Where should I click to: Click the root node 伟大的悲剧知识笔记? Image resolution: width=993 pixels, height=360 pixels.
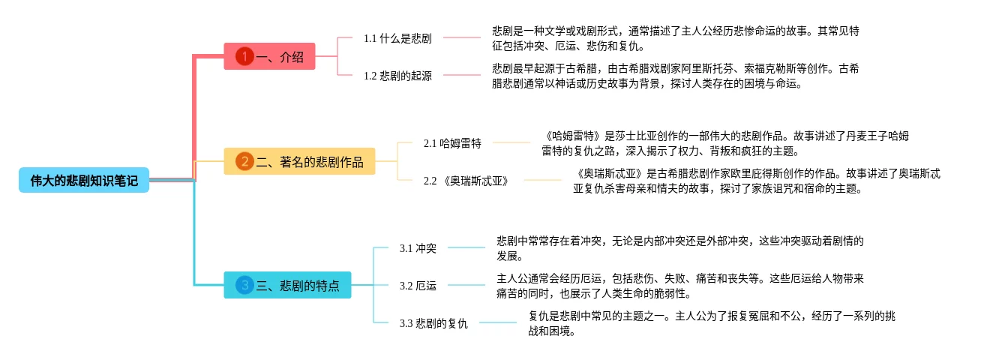84,180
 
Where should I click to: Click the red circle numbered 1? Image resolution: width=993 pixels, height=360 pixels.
244,56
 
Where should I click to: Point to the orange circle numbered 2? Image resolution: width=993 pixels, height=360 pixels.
244,161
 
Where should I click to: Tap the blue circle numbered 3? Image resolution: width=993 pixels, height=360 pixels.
244,285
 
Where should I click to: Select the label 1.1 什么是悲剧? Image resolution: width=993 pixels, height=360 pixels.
397,37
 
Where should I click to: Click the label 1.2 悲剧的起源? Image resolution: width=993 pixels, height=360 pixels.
397,76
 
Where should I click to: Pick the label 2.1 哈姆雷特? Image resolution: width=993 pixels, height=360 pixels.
452,142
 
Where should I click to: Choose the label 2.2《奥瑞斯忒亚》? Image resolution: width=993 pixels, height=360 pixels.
466,181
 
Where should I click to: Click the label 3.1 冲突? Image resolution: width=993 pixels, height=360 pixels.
418,247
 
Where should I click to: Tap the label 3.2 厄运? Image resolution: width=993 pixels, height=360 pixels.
418,285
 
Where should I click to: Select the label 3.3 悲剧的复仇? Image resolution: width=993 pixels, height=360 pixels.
433,323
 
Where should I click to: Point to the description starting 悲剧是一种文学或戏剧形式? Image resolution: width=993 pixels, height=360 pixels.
675,37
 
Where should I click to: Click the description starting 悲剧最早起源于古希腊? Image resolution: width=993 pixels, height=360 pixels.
675,76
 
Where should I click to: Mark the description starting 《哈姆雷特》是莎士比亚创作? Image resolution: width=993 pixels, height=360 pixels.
725,142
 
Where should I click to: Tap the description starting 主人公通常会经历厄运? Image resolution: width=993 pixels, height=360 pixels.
679,285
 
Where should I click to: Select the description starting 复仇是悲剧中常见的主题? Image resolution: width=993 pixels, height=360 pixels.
711,323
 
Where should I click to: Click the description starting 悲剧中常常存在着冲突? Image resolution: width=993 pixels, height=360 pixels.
679,247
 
